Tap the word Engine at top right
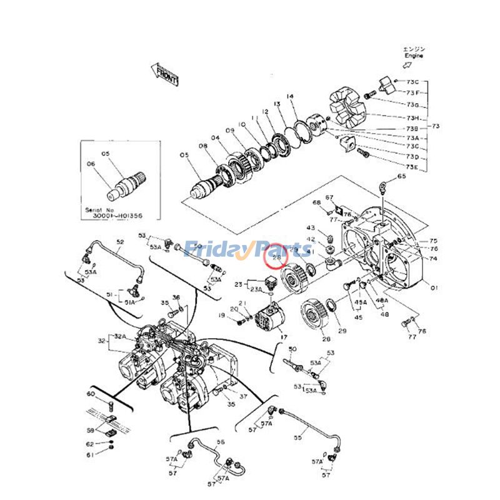pos(413,56)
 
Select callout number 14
pos(290,96)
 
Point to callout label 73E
pos(412,167)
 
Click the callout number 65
pos(401,177)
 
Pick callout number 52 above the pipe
pos(120,242)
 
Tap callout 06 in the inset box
pos(91,164)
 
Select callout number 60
pos(90,394)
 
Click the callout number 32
pos(101,341)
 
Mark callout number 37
pos(243,396)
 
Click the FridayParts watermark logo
pos(247,250)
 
